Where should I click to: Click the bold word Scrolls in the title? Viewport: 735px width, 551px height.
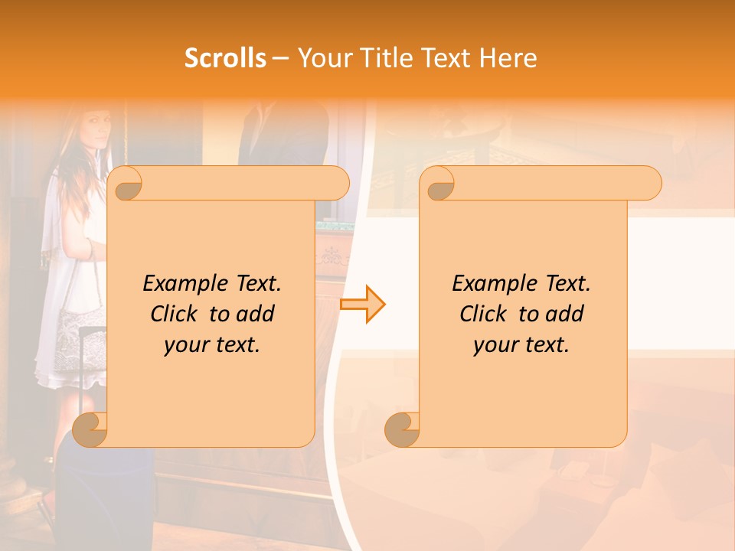[x=225, y=58]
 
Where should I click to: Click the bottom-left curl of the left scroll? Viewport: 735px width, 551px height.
[x=90, y=429]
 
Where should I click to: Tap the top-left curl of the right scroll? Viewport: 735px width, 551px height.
[x=439, y=184]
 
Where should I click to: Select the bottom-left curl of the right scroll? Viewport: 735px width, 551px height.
[x=402, y=429]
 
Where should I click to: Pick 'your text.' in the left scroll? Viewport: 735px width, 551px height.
[x=211, y=344]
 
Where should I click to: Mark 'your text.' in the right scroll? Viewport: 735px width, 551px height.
[x=521, y=344]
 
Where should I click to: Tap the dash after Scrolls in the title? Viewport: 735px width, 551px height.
[x=280, y=59]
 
